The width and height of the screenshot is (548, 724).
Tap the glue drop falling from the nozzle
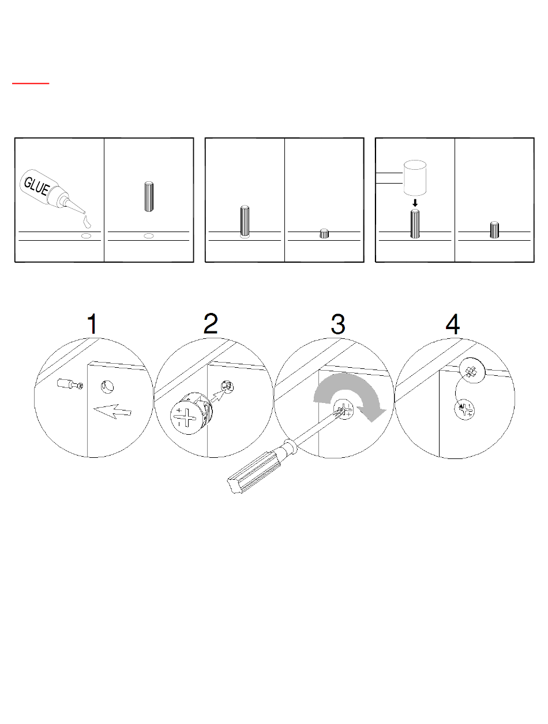pos(87,222)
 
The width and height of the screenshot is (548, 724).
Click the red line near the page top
pos(31,84)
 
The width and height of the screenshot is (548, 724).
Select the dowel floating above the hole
pos(149,196)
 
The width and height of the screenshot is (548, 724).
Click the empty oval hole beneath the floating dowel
pos(149,236)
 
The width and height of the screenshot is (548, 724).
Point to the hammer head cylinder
pos(415,178)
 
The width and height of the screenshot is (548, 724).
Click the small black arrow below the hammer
pos(415,203)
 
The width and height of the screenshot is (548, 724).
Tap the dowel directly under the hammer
pos(415,223)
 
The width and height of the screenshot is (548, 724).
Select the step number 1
pos(93,324)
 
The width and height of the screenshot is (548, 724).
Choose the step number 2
pos(211,323)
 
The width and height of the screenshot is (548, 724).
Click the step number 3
pos(338,324)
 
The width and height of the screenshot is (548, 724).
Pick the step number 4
pos(453,324)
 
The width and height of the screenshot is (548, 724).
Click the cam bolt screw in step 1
pos(70,385)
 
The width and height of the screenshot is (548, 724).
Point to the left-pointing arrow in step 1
pos(112,411)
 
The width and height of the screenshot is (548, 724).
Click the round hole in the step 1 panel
pos(107,387)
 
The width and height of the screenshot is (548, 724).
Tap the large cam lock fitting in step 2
pos(191,413)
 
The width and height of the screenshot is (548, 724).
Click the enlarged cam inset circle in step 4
pos(472,371)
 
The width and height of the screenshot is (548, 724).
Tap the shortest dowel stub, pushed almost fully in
pos(324,233)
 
